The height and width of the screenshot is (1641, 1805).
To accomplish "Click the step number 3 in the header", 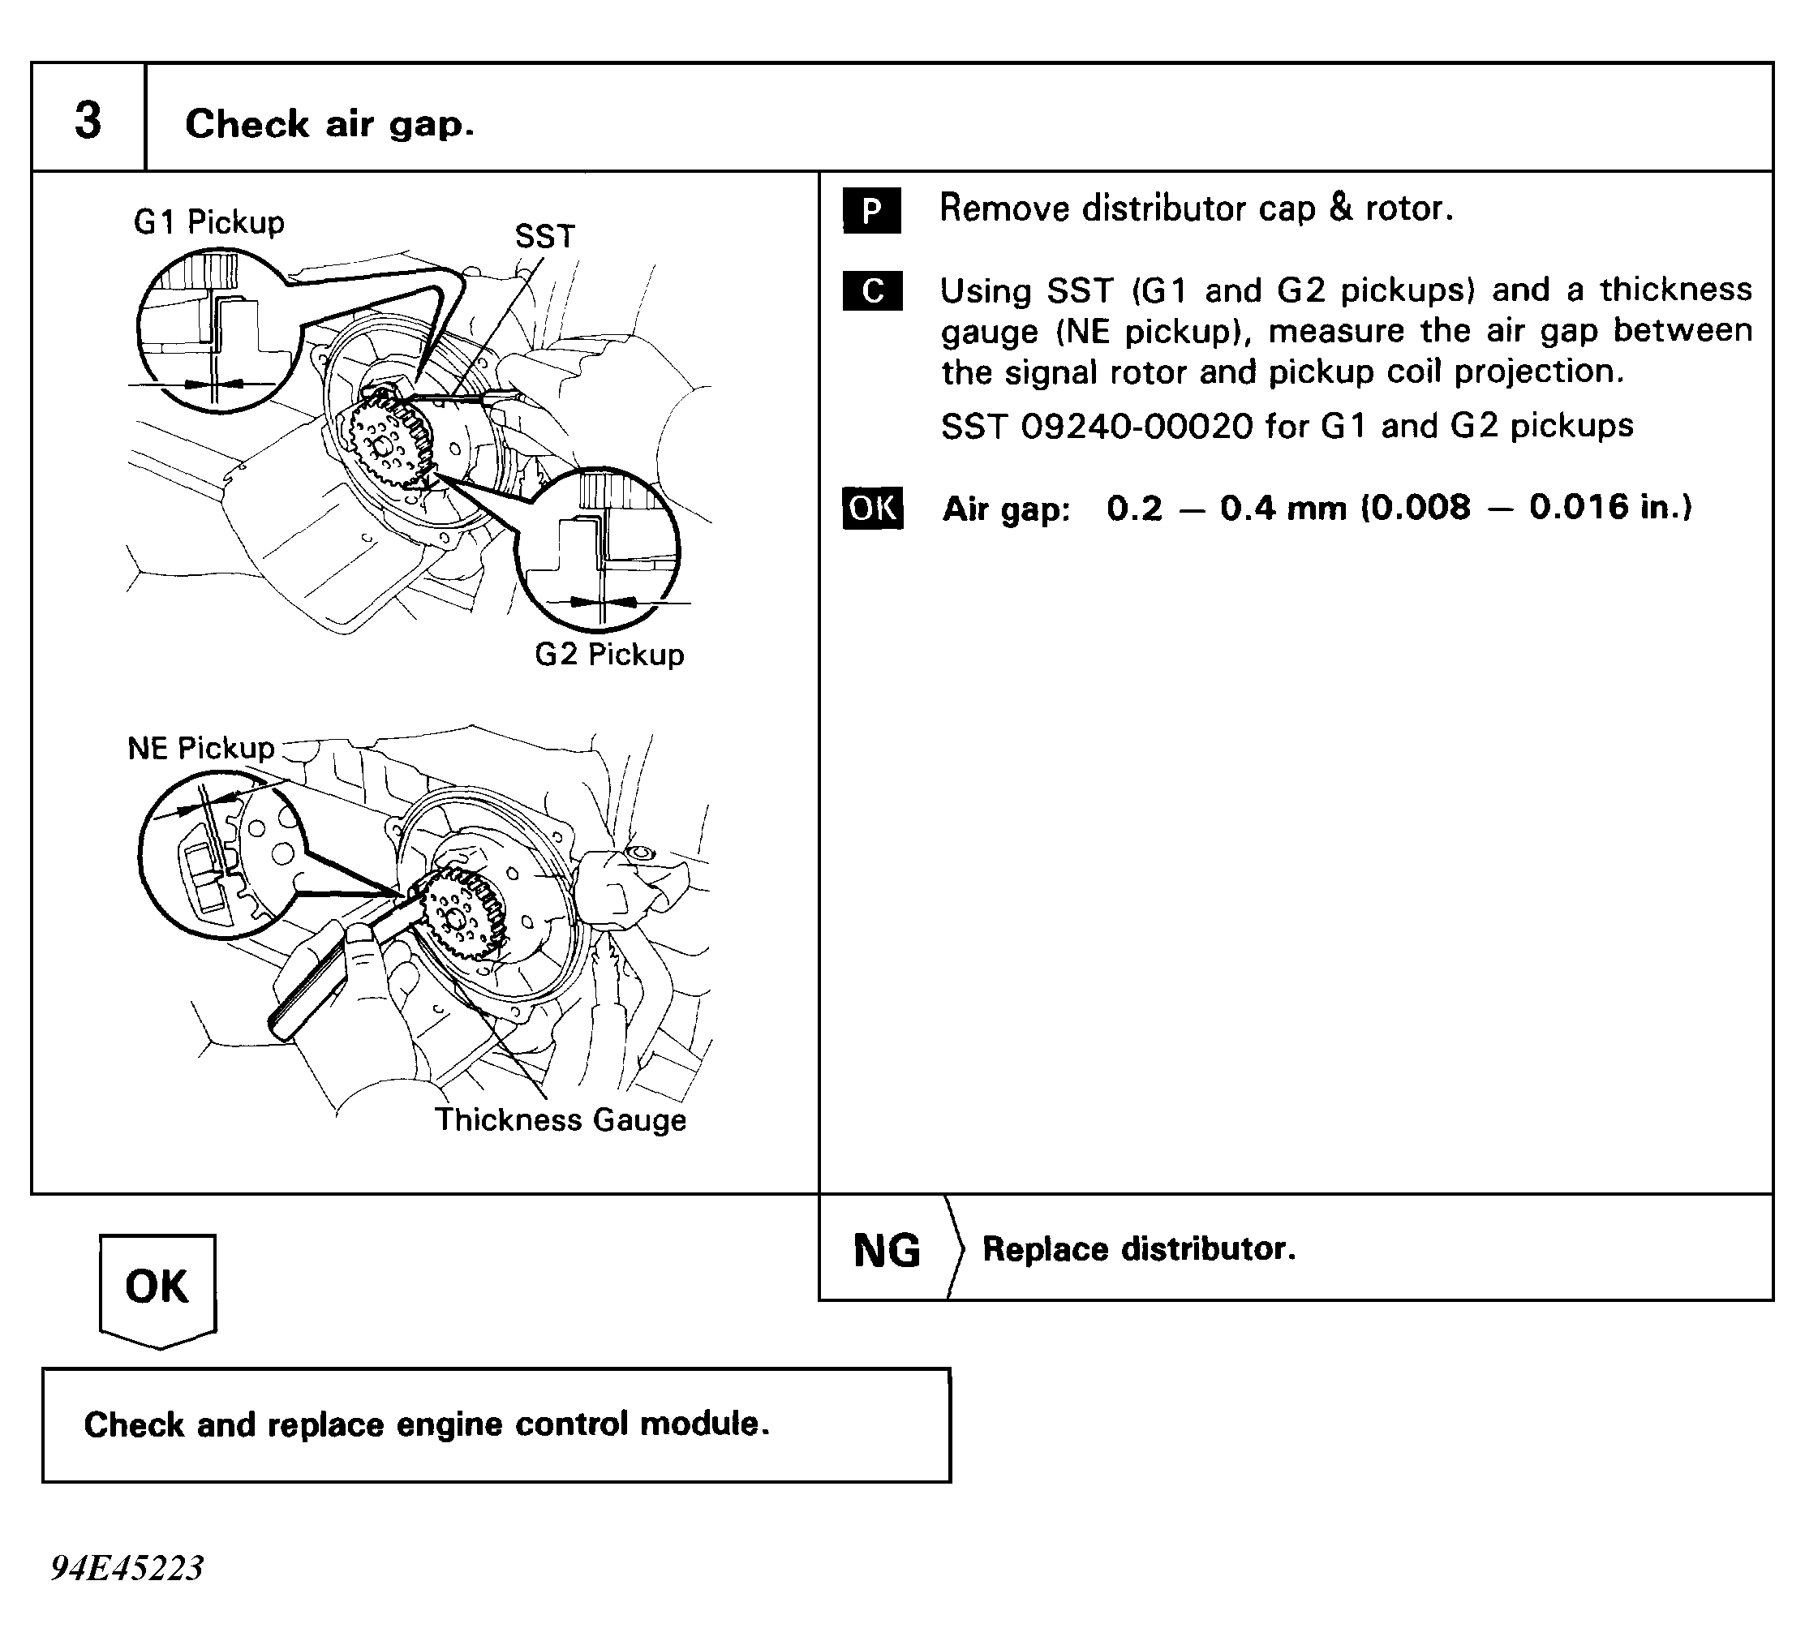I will click(x=88, y=120).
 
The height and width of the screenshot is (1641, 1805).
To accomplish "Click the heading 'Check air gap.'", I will click(x=329, y=123).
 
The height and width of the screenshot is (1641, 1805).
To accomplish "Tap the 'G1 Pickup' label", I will click(x=208, y=222).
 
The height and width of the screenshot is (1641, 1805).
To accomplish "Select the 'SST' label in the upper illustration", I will click(x=544, y=236).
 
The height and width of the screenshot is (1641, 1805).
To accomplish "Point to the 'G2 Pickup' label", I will click(x=608, y=655).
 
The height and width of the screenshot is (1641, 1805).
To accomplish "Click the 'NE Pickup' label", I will click(x=200, y=748).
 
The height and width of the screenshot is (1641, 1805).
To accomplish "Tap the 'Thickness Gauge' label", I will click(x=561, y=1120).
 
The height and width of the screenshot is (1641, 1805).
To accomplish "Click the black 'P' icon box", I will click(x=871, y=211).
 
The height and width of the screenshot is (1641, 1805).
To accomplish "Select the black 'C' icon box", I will click(x=872, y=291).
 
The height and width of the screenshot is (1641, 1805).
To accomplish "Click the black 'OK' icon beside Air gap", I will click(x=872, y=509).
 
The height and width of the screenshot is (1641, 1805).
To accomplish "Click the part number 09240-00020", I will click(x=1137, y=426).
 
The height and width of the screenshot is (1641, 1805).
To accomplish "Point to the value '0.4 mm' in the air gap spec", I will click(x=1282, y=509).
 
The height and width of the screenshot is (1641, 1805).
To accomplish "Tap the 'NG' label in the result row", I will click(x=887, y=1250).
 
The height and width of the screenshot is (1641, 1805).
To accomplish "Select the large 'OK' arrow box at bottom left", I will click(x=157, y=1287).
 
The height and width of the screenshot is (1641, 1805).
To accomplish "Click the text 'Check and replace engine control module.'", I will click(x=426, y=1424).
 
